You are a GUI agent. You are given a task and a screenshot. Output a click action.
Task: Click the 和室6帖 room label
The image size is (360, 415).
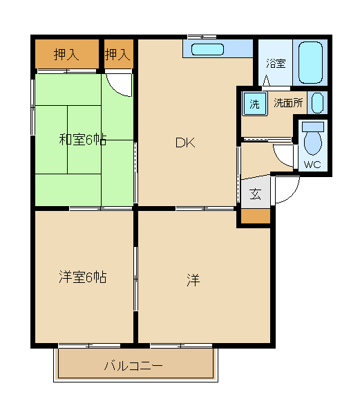point(82,139)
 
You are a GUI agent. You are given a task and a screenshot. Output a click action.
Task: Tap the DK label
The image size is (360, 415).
point(184,143)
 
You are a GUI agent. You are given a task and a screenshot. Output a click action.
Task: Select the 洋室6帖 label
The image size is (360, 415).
point(82,277)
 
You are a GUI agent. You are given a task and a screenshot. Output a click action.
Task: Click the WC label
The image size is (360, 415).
point(312,164)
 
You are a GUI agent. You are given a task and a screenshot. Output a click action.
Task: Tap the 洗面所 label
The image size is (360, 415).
point(287,103)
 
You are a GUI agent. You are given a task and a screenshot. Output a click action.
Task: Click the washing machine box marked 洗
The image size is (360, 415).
point(254,104)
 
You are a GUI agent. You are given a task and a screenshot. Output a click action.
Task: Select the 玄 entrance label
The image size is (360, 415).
point(255,194)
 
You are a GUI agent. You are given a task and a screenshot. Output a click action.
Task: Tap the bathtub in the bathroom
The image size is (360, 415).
point(310,62)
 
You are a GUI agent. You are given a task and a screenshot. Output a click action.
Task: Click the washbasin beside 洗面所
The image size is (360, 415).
point(316,103)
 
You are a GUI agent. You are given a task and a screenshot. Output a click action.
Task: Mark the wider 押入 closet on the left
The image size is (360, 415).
point(67,54)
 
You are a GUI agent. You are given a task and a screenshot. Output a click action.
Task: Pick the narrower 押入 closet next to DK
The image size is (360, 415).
point(118,54)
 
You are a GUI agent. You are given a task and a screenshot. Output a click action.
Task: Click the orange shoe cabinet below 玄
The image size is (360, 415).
point(255,216)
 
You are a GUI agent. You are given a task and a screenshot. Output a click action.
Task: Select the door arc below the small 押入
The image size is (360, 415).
point(122,82)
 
